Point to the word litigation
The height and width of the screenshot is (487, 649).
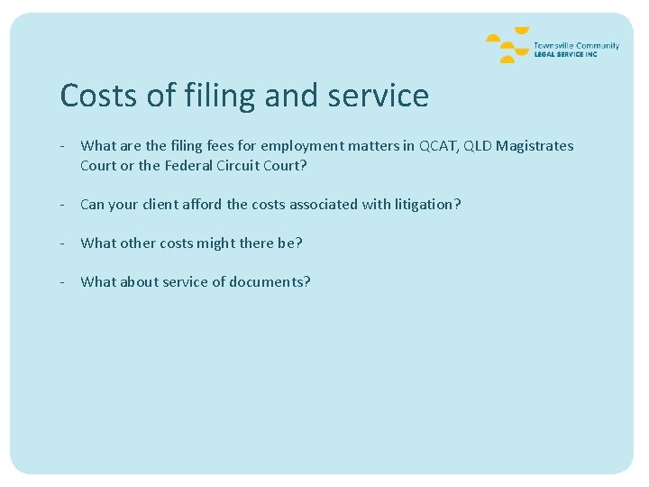pyautogui.click(x=427, y=205)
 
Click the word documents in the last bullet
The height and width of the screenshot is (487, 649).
pyautogui.click(x=270, y=282)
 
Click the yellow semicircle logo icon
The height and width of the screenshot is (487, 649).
pyautogui.click(x=507, y=48)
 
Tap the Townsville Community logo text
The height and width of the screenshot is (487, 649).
pyautogui.click(x=576, y=46)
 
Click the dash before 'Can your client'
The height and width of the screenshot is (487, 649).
pyautogui.click(x=63, y=205)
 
